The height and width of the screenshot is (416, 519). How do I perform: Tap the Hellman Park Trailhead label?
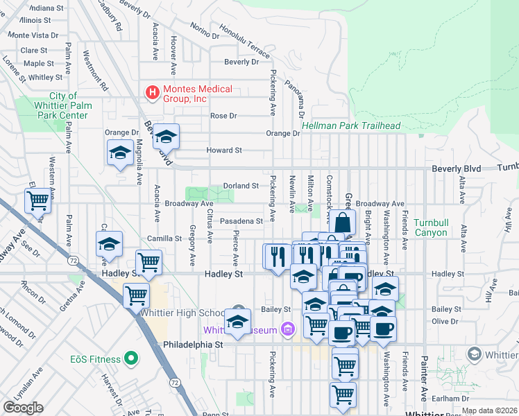[352, 125]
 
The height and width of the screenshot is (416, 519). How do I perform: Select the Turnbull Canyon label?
[430, 227]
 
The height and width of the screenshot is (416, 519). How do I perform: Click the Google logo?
[23, 408]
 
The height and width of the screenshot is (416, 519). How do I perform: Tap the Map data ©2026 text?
[489, 410]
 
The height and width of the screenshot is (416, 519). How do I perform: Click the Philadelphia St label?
[192, 344]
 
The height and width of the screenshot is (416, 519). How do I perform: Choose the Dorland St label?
[241, 186]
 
